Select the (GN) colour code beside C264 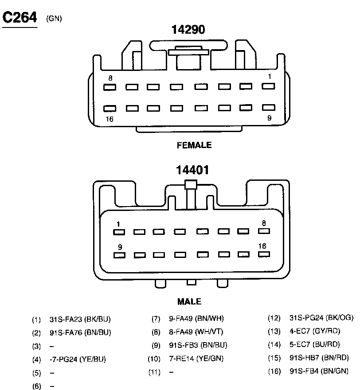click(x=54, y=19)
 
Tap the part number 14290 click(x=188, y=30)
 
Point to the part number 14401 click(x=192, y=170)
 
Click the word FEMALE click(x=194, y=145)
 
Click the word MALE click(x=189, y=302)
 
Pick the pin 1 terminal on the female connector click(x=268, y=86)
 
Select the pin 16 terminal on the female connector click(x=110, y=108)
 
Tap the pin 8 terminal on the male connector click(x=264, y=231)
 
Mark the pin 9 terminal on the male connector click(x=118, y=255)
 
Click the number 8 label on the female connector click(x=110, y=78)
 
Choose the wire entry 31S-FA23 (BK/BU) click(x=80, y=319)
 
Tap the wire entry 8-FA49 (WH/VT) click(x=196, y=332)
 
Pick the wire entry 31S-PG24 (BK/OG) click(x=321, y=318)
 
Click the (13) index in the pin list click(x=274, y=331)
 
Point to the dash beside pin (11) click(x=171, y=372)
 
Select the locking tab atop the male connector click(x=190, y=185)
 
